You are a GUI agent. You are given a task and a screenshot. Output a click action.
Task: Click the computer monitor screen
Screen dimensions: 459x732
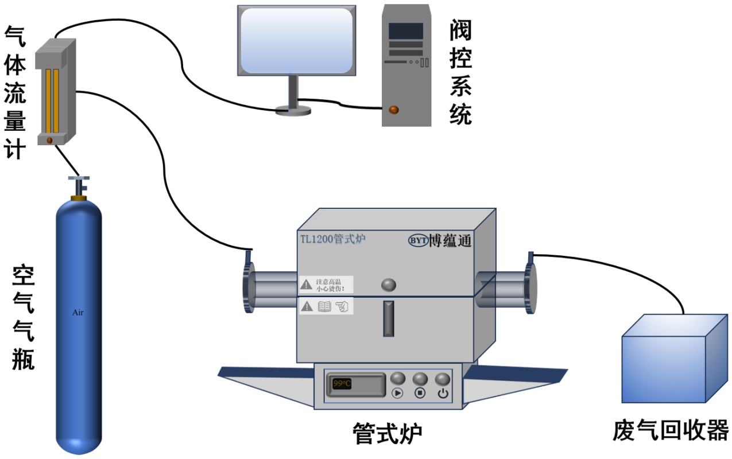coord(296,39)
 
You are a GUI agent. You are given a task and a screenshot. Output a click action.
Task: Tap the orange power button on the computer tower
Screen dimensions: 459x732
coord(394,109)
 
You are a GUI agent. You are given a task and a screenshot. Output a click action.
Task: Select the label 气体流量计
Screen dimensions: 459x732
coord(15,92)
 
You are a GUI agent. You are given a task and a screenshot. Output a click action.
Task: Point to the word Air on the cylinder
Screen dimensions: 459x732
coord(78,313)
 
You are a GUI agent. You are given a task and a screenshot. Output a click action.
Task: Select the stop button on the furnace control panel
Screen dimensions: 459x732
coord(420,393)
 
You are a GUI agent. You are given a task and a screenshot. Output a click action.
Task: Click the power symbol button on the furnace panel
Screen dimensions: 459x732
coord(443,393)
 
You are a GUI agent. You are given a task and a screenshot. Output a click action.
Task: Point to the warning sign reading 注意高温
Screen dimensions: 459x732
coord(326,284)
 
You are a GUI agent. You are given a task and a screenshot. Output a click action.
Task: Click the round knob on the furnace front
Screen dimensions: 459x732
coord(389,285)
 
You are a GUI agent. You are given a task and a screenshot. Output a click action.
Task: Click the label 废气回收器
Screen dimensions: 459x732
coord(670,430)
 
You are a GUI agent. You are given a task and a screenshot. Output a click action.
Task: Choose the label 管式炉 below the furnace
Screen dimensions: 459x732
coord(387,434)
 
